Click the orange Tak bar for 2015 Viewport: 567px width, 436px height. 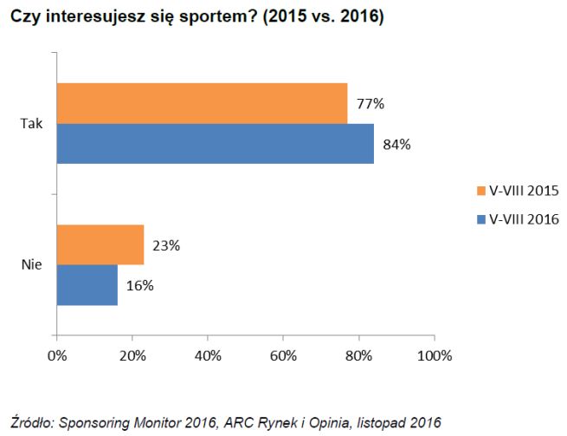tap(202, 103)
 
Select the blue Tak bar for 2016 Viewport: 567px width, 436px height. tap(215, 143)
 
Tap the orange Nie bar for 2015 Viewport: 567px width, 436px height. tap(100, 244)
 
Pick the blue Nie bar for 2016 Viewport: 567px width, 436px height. tap(87, 285)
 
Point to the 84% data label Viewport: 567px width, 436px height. tap(396, 144)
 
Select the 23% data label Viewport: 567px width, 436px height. tap(166, 245)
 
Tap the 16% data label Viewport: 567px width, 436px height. tap(140, 286)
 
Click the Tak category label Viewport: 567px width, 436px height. tap(31, 124)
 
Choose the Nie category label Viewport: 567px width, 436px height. tap(31, 265)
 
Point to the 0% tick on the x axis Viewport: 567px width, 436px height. tap(57, 356)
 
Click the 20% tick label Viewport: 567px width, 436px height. tap(132, 356)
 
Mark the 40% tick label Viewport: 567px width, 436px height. tap(208, 356)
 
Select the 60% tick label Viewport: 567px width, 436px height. tap(283, 356)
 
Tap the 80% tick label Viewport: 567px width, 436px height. tap(359, 356)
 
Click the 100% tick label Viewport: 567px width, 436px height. tap(435, 356)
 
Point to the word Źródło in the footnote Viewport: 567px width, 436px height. tap(29, 422)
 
